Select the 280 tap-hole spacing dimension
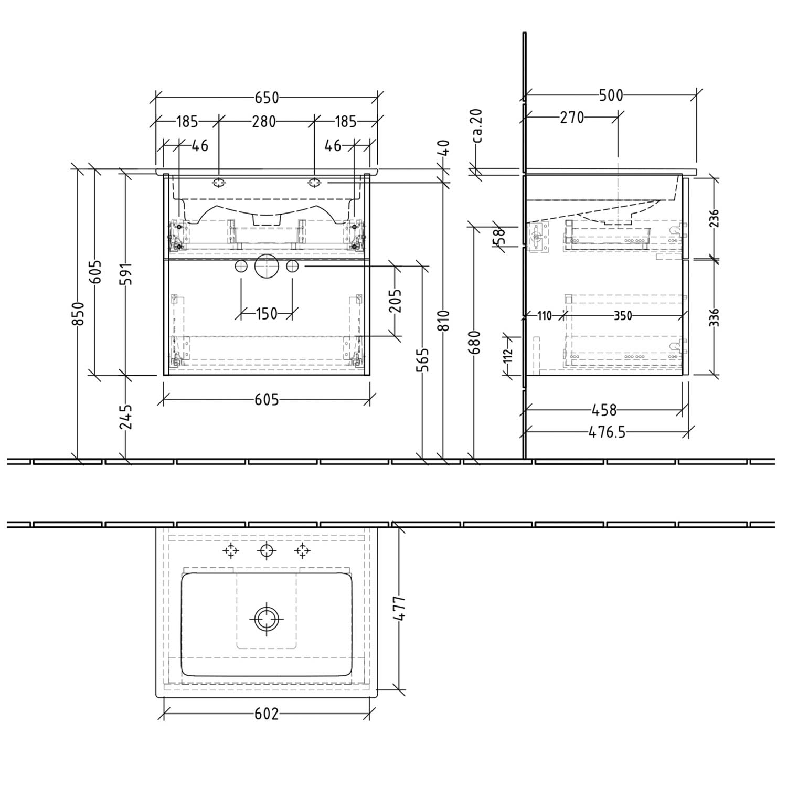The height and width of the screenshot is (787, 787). [264, 122]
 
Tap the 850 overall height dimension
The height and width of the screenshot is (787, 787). [78, 313]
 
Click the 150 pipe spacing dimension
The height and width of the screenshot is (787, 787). [267, 314]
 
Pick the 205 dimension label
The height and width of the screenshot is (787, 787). [396, 300]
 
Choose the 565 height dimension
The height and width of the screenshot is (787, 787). [424, 360]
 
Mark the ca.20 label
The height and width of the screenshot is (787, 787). [478, 126]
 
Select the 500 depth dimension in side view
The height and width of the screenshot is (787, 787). [611, 95]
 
